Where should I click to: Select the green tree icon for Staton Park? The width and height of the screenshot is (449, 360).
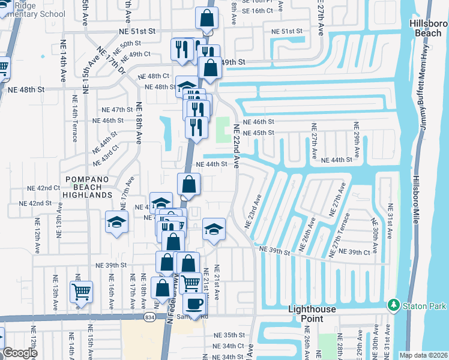click(x=394, y=305)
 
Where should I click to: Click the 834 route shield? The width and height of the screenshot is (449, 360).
click(x=150, y=316)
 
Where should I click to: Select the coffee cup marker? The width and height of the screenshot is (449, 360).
click(x=193, y=305)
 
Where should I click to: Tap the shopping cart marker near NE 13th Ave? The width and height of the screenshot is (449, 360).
click(x=81, y=292)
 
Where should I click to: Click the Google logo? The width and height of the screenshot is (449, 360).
click(x=20, y=353)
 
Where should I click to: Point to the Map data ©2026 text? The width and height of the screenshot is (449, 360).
click(x=423, y=355)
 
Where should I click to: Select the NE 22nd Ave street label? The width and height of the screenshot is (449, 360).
click(x=237, y=146)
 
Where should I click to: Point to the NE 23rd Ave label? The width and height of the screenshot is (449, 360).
click(x=253, y=211)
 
